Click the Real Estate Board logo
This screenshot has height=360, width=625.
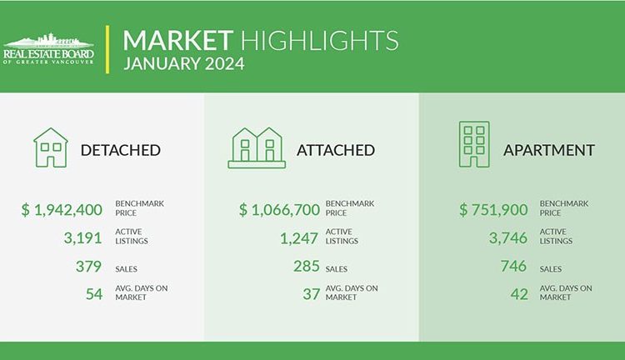coord(48,48)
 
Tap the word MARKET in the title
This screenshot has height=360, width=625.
coord(177,40)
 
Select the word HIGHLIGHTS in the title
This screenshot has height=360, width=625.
coord(319,40)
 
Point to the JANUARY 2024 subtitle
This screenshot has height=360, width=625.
coord(184,64)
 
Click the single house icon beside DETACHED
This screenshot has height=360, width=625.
coord(51,147)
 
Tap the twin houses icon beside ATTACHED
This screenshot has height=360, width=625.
coord(257,147)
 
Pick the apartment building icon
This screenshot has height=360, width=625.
coord(474,144)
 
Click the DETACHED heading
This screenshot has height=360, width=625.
coord(120,150)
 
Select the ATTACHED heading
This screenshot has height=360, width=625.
coord(336,150)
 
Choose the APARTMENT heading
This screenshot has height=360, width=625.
coord(549,150)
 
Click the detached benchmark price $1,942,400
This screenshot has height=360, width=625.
coord(62,210)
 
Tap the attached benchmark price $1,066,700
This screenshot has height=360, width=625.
coord(279,210)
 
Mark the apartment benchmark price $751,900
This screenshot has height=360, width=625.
coord(493,210)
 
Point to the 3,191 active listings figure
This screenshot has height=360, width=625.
coord(82,238)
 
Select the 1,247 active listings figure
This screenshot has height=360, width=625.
coord(299,238)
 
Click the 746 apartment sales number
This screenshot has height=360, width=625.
coord(514,266)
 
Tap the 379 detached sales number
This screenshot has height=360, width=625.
coord(88,266)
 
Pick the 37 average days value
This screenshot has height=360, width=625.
coord(312,294)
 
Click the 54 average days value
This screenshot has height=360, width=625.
coord(94,294)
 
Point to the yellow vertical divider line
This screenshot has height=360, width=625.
coord(107,49)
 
